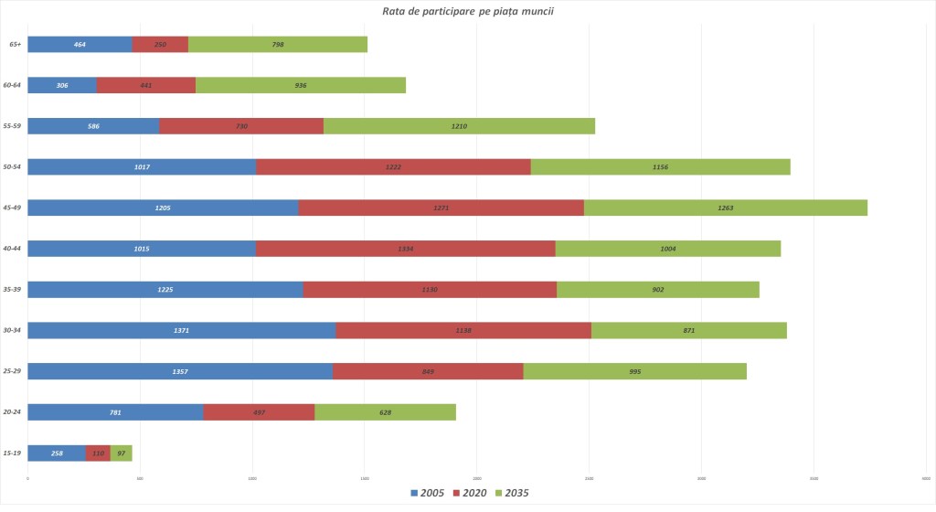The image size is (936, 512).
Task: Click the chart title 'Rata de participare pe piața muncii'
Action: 467,11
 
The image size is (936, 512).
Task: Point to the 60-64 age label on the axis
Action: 14,85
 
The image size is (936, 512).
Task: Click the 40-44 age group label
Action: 14,249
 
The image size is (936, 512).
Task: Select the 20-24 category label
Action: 14,412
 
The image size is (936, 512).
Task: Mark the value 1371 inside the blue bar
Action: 182,330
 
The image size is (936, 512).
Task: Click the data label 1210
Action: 459,126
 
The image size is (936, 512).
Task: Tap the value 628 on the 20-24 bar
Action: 385,412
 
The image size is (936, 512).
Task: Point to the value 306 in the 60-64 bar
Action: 62,85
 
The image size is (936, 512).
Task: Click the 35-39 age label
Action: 14,290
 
